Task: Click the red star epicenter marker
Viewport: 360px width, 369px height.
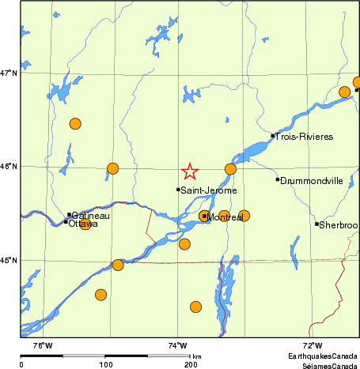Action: click(190, 171)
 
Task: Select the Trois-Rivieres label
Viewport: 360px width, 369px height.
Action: click(304, 137)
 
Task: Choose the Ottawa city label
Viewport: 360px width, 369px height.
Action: click(84, 224)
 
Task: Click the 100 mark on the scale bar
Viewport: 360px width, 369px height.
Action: click(105, 363)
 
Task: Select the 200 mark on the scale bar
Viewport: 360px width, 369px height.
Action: click(191, 363)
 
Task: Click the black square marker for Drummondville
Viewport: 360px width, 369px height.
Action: click(278, 179)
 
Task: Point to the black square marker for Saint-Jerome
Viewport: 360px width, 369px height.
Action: click(178, 189)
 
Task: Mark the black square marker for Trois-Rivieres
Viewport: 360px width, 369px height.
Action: click(273, 135)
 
